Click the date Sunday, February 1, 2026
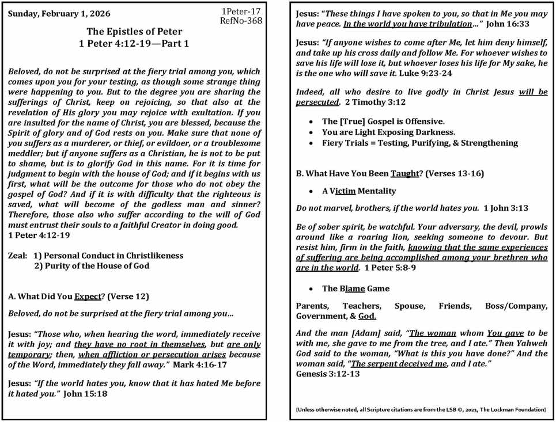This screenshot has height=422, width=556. click(59, 14)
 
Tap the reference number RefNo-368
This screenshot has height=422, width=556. click(241, 21)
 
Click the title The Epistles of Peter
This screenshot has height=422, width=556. click(134, 32)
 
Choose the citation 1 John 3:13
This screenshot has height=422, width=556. click(506, 208)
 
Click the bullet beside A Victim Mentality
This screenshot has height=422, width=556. click(311, 191)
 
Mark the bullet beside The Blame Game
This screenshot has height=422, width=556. click(311, 289)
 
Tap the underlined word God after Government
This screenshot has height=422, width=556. click(367, 316)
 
